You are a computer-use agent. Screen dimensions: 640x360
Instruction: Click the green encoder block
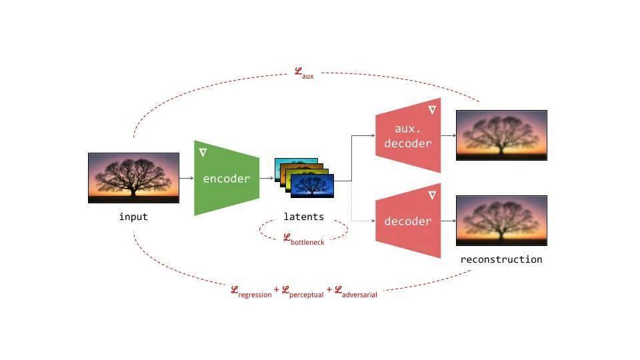(227, 178)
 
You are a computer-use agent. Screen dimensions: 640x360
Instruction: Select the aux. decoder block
(408, 135)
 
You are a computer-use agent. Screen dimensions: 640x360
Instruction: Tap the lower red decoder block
(408, 221)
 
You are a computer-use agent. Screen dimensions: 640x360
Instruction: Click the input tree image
(133, 178)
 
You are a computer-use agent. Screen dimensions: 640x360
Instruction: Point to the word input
(133, 217)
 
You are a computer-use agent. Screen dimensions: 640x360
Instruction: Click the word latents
(304, 217)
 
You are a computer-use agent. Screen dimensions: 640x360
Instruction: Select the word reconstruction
(501, 259)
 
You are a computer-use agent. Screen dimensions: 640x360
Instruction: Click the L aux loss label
(304, 73)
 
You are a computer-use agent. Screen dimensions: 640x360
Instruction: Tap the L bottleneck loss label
(304, 239)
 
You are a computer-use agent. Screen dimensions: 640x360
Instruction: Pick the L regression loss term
(251, 292)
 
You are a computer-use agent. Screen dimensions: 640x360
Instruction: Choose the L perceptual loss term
(303, 292)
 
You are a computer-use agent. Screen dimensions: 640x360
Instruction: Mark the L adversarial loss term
(356, 292)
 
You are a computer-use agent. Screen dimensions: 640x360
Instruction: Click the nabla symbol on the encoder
(203, 153)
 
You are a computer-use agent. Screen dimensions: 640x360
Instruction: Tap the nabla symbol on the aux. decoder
(432, 110)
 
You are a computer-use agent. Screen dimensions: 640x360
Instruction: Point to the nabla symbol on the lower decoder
(432, 195)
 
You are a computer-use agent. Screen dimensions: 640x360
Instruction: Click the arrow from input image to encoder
(187, 178)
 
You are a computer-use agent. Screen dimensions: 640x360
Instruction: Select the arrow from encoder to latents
(267, 178)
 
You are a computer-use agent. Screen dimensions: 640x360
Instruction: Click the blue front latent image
(312, 186)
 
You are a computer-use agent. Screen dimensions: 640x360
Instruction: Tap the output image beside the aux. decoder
(501, 135)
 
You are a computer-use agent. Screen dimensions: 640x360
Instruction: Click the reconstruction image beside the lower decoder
(501, 221)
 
